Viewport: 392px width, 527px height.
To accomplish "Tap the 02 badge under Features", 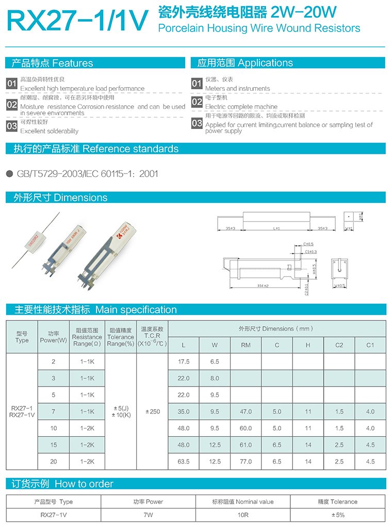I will point(12,105).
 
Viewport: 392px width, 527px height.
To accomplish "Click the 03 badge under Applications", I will point(197,123).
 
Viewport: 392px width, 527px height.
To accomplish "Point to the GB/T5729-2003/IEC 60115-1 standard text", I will point(88,174).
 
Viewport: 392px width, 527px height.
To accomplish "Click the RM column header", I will point(246,345).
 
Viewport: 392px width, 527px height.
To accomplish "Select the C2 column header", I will point(339,345).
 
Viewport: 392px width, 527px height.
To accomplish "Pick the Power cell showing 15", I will point(54,445).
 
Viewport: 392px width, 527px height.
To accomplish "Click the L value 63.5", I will point(184,461).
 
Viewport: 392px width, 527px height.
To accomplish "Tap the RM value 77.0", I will point(246,461).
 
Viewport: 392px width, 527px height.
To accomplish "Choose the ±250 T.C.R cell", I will point(153,411).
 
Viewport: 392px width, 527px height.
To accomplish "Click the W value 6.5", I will point(215,362).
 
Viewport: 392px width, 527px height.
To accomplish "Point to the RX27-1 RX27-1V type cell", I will point(22,411).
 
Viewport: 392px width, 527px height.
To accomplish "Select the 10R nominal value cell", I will point(243,515).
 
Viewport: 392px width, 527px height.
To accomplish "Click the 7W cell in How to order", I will point(148,515).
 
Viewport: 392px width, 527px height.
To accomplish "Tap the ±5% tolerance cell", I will point(338,515).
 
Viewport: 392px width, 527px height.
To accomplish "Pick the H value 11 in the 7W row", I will point(308,411).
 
